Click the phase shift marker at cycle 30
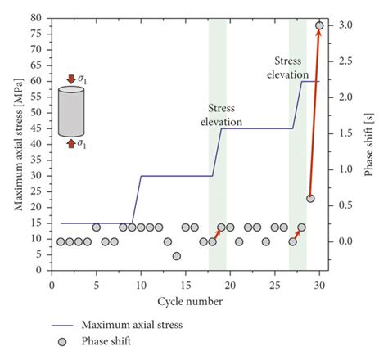pyautogui.click(x=319, y=25)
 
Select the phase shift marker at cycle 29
pyautogui.click(x=310, y=199)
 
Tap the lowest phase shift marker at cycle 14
pyautogui.click(x=176, y=256)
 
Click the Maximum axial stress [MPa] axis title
pyautogui.click(x=18, y=143)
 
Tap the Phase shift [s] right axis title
pyautogui.click(x=374, y=143)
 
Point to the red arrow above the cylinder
pyautogui.click(x=71, y=79)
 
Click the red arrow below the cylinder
pyautogui.click(x=71, y=144)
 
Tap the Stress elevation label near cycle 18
pyautogui.click(x=222, y=115)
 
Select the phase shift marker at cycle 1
pyautogui.click(x=61, y=241)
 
